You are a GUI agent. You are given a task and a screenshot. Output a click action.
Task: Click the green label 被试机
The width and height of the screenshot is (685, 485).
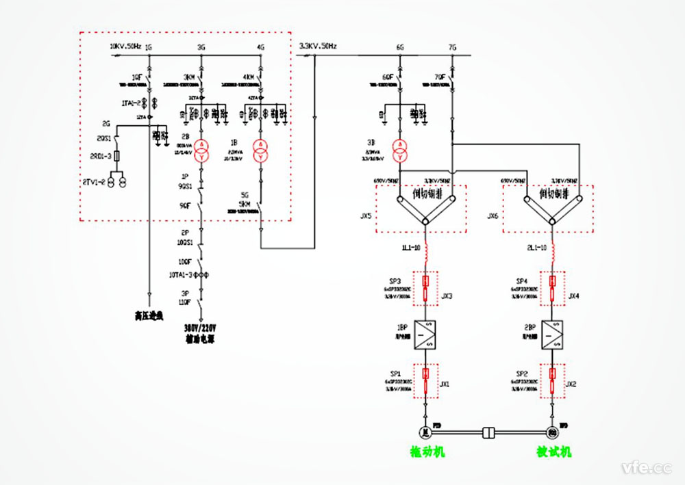[553, 453]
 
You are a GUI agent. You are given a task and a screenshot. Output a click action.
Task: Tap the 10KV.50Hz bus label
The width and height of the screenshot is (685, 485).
[125, 47]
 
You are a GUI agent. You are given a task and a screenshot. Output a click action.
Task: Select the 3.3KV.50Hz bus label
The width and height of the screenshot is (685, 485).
[318, 47]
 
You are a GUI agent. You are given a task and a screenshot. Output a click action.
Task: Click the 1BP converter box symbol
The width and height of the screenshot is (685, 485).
[427, 335]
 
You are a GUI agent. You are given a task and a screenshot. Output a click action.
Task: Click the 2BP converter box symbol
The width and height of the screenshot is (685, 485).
[552, 335]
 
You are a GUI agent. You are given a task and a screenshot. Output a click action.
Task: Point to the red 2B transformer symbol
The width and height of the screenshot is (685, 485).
[201, 150]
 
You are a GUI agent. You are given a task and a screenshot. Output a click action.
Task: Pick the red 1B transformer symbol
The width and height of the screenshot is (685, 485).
[260, 150]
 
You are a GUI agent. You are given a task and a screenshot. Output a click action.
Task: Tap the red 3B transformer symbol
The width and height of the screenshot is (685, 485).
[399, 150]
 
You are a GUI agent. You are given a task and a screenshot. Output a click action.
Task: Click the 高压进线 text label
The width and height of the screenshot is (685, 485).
[149, 315]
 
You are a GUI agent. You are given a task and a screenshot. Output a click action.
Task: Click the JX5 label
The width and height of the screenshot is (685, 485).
[365, 215]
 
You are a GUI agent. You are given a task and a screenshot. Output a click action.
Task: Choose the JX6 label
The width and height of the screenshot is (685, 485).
[493, 215]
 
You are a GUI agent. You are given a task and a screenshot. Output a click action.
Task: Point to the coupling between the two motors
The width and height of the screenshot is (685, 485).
[489, 432]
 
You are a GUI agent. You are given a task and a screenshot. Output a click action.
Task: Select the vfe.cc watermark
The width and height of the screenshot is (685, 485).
[646, 468]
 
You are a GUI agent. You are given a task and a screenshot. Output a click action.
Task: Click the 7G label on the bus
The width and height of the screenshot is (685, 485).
[452, 48]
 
